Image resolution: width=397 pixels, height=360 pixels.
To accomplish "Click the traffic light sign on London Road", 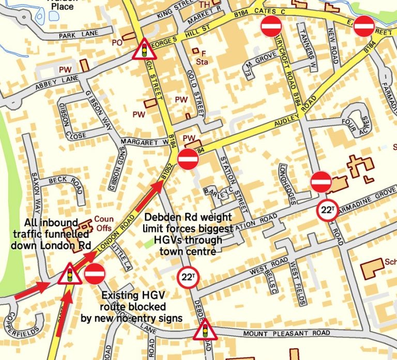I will point(69,274).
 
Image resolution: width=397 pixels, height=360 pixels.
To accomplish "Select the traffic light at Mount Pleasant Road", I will point(205,330).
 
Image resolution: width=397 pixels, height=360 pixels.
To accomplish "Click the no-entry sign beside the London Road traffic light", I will point(95,273).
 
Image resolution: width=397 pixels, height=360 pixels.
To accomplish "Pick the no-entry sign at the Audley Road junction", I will point(188,160).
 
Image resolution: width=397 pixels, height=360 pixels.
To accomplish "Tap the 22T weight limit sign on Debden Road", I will point(187,278).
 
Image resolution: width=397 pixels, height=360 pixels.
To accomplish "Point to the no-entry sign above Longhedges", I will point(321,182).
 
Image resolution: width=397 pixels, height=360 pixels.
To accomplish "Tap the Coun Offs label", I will point(103,223).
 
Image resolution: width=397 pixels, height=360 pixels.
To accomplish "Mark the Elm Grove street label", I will point(260,62).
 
